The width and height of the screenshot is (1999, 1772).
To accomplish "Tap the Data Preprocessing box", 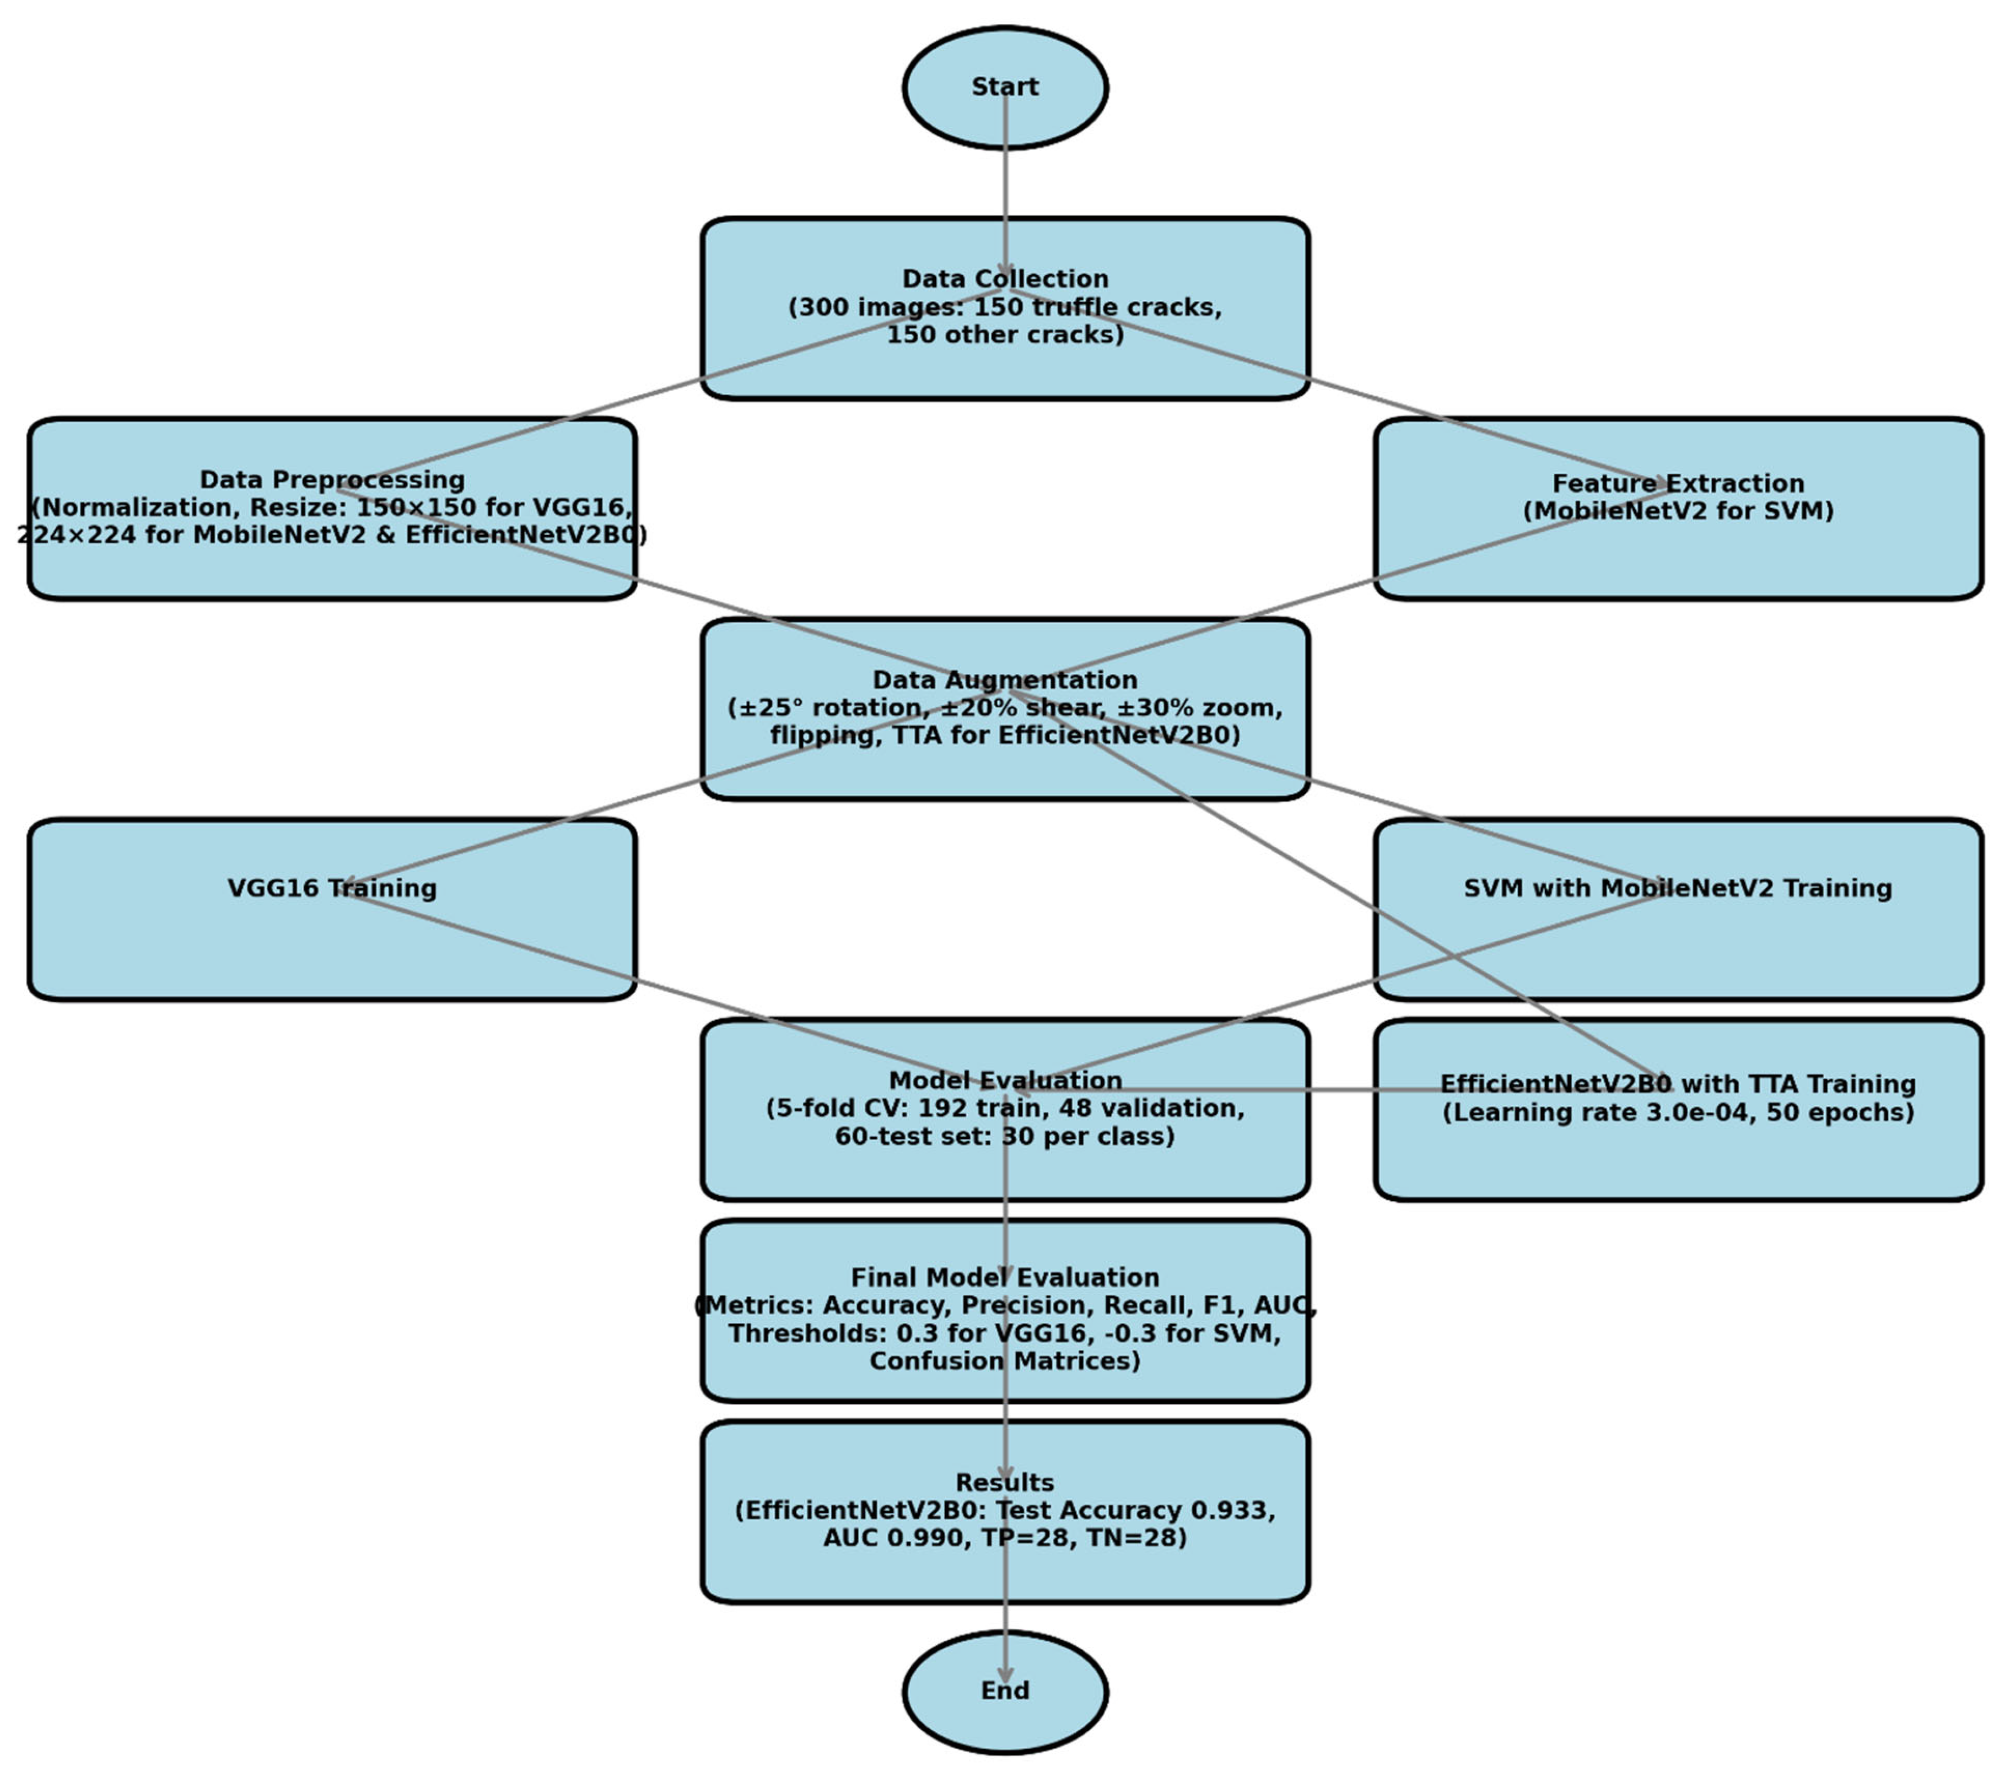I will tap(332, 509).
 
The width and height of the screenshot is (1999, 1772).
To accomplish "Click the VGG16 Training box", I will tap(332, 910).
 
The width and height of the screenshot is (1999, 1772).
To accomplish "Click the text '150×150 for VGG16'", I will tap(494, 507).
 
